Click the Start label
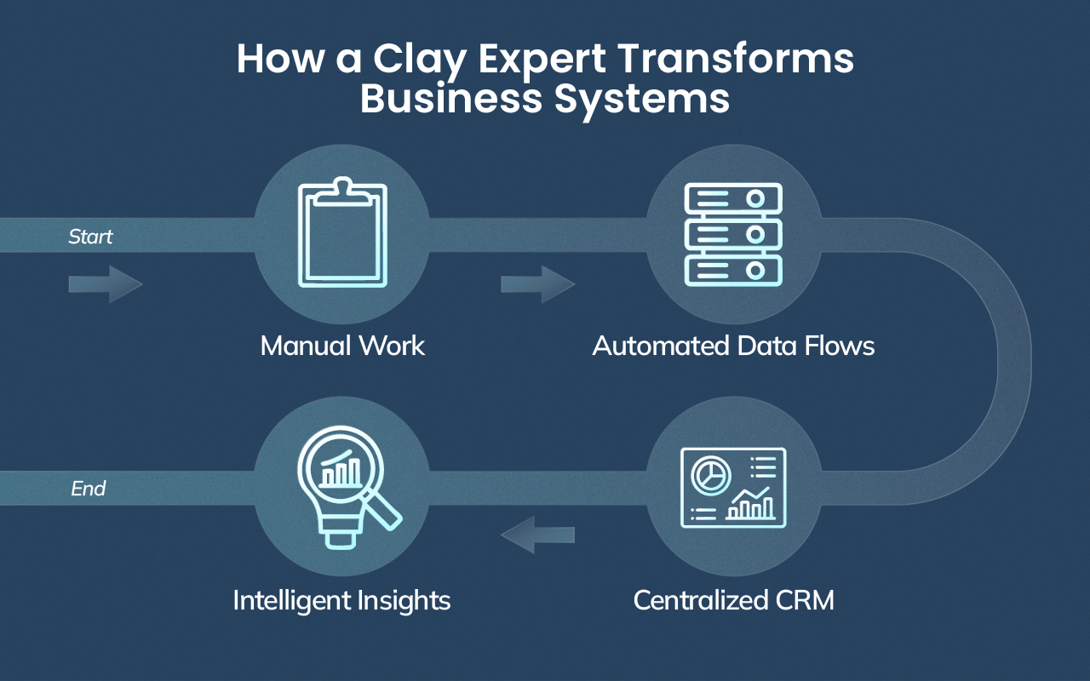click(90, 237)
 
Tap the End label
click(89, 489)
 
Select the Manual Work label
click(342, 346)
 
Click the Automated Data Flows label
click(733, 346)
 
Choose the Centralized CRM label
click(733, 600)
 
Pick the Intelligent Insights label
click(341, 600)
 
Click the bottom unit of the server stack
click(733, 269)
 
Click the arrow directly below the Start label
click(106, 284)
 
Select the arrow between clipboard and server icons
click(537, 284)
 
